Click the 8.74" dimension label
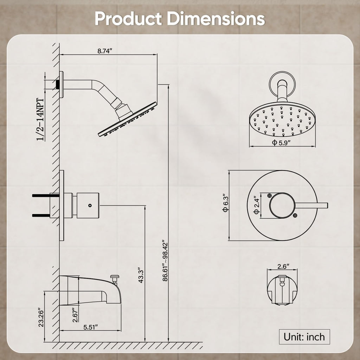(104, 51)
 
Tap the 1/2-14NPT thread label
(40, 120)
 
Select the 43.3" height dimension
(141, 275)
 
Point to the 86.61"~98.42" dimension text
(165, 261)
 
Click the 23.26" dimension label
(41, 317)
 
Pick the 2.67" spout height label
(75, 315)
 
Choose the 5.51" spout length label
(90, 327)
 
